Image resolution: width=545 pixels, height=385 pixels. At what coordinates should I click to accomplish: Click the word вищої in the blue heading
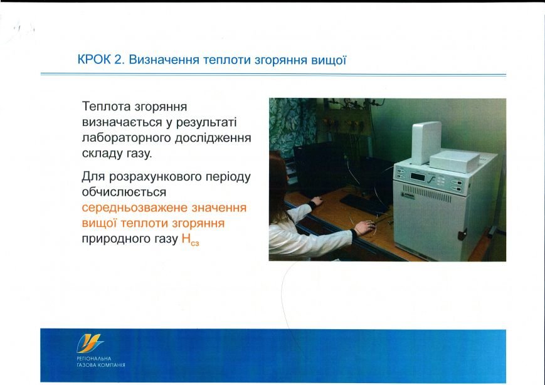pyautogui.click(x=329, y=60)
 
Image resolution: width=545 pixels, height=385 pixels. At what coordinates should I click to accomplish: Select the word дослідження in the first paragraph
pyautogui.click(x=213, y=138)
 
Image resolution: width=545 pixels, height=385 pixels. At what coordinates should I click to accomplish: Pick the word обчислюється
pyautogui.click(x=124, y=192)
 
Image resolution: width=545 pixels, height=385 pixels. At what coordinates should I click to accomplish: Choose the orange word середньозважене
pyautogui.click(x=134, y=208)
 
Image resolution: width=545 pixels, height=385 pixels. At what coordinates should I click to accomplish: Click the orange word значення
pyautogui.click(x=219, y=208)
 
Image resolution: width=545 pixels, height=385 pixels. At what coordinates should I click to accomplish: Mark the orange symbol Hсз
pyautogui.click(x=190, y=239)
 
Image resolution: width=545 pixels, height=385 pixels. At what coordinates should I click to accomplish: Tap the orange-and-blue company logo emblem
pyautogui.click(x=90, y=344)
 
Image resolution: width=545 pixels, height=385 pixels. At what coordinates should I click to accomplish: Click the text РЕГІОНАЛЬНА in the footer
pyautogui.click(x=94, y=358)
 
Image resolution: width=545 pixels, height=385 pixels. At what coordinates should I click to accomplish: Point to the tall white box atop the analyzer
pyautogui.click(x=426, y=142)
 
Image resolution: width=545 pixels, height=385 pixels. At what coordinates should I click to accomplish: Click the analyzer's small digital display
pyautogui.click(x=418, y=177)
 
